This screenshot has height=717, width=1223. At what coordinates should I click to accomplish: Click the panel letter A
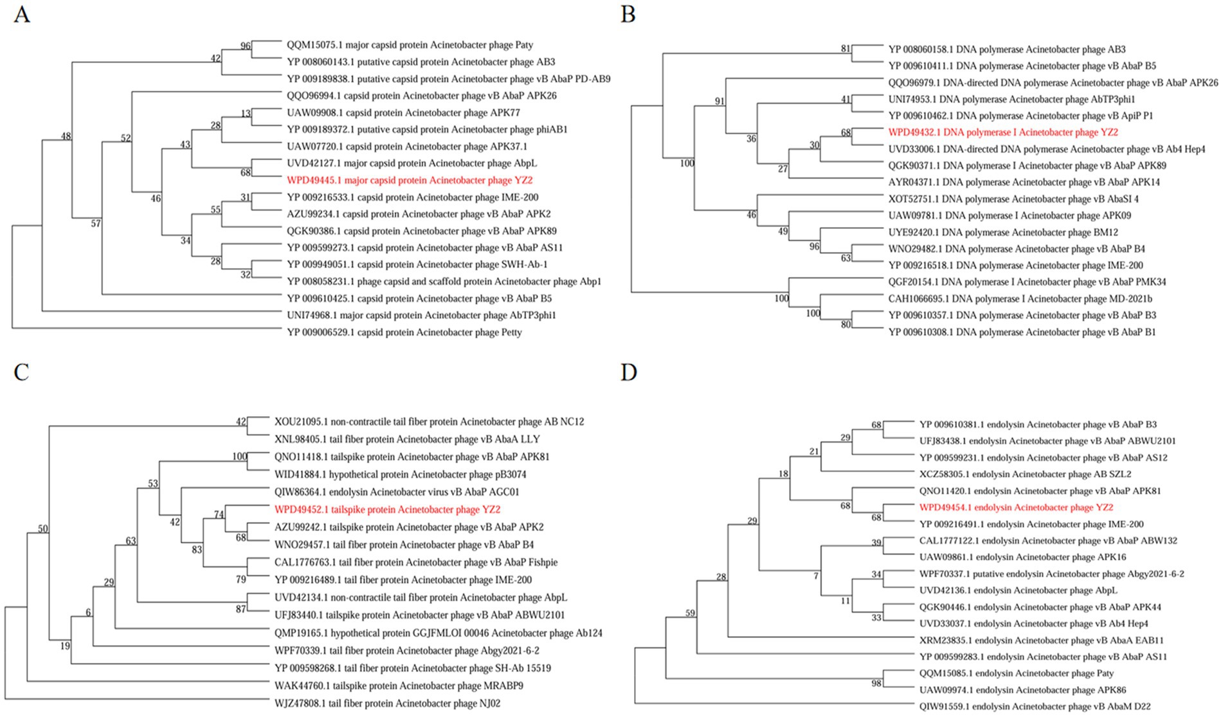[22, 14]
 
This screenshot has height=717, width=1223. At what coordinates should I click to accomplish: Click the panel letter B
[628, 14]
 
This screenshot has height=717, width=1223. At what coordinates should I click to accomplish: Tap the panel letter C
[22, 372]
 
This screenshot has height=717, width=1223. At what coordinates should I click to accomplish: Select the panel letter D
[628, 372]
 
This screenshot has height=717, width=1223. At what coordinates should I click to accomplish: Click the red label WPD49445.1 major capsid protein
[410, 181]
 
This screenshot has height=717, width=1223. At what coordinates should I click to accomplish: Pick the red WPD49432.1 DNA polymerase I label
[1003, 132]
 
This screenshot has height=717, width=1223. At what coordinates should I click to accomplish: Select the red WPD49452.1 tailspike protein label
[387, 510]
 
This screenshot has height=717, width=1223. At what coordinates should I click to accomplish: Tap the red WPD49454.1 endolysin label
[1016, 507]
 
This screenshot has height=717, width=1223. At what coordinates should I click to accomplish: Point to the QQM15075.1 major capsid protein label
[410, 45]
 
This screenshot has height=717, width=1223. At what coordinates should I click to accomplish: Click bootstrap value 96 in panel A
[245, 46]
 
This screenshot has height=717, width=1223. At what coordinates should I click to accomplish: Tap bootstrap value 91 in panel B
[719, 102]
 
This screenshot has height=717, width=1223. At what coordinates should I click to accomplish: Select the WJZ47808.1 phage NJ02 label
[387, 703]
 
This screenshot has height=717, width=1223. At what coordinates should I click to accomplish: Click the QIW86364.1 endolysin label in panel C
[397, 492]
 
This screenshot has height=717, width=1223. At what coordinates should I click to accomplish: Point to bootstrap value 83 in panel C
[197, 550]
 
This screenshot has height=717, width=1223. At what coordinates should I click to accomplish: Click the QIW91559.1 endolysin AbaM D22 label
[1035, 706]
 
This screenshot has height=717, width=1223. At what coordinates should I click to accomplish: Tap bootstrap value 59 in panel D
[690, 613]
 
